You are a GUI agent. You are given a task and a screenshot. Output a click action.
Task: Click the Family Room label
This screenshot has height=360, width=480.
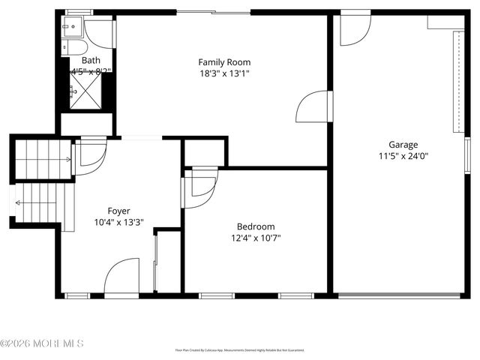pyautogui.click(x=224, y=62)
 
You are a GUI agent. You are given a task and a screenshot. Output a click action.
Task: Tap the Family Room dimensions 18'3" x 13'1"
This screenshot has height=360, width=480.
pyautogui.click(x=224, y=73)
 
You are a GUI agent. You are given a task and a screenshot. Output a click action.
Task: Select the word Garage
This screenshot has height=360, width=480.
pyautogui.click(x=403, y=145)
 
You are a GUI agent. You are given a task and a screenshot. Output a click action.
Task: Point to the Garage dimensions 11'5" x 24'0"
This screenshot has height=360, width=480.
pyautogui.click(x=403, y=156)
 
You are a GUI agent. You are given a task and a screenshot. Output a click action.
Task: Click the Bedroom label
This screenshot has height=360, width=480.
pyautogui.click(x=256, y=226)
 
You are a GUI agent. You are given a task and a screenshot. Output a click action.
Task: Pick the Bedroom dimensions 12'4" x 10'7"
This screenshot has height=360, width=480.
pyautogui.click(x=256, y=238)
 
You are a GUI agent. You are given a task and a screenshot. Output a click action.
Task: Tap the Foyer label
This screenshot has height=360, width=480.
pyautogui.click(x=119, y=211)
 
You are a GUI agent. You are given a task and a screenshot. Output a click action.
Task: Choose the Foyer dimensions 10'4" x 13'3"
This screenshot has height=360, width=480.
pyautogui.click(x=119, y=223)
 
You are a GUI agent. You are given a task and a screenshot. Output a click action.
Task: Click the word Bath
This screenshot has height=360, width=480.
pyautogui.click(x=91, y=61)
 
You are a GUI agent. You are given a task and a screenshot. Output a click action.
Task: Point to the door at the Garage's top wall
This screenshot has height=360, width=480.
pyautogui.click(x=355, y=28)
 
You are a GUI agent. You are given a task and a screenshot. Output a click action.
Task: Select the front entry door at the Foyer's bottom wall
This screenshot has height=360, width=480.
pyautogui.click(x=121, y=277)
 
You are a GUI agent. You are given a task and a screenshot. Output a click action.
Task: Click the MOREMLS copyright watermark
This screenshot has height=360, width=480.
pyautogui.click(x=42, y=343)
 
